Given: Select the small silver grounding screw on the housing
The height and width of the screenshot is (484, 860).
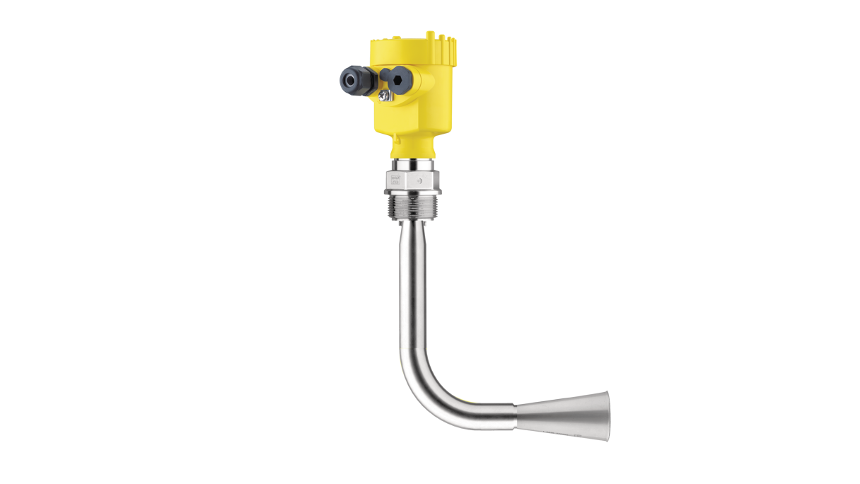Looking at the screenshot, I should click(383, 94).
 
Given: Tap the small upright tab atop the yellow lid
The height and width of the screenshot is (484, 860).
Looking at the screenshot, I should click(429, 33).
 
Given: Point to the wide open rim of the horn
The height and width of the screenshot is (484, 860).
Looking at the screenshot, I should click(606, 415).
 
